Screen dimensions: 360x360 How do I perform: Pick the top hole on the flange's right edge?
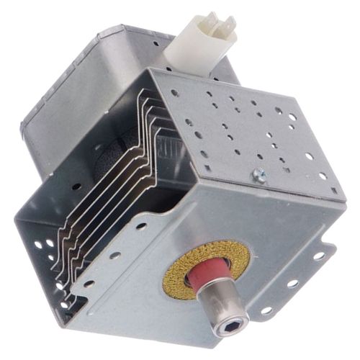pos(319,256)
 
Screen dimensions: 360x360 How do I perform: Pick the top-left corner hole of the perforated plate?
pos(175,92)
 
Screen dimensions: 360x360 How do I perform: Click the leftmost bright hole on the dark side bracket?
pos(38,244)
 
